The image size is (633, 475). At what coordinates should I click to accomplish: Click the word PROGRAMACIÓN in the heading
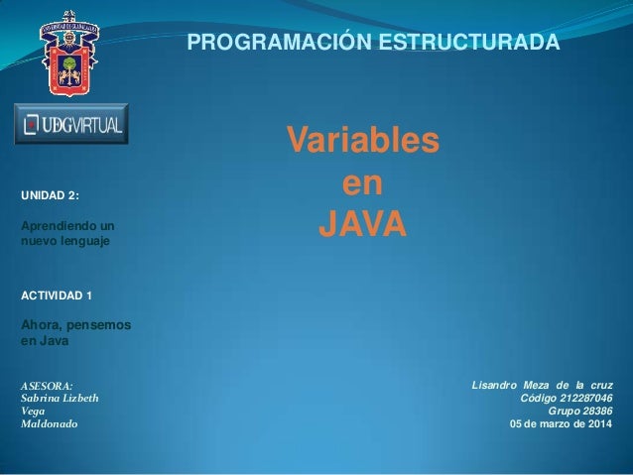261,44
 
